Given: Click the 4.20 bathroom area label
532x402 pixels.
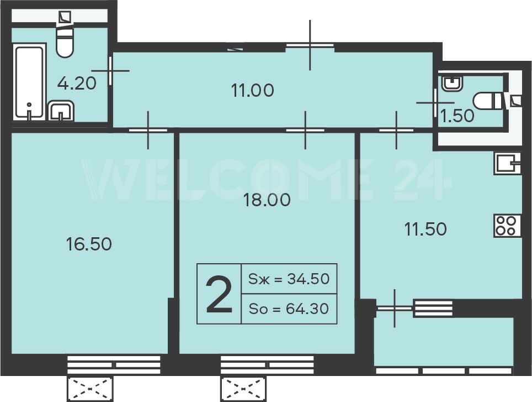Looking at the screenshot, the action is point(77,83).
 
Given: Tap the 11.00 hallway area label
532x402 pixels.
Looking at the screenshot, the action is point(252,91).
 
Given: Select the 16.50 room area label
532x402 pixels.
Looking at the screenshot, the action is point(89,244).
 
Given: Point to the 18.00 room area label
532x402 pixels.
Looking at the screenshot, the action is point(267,200).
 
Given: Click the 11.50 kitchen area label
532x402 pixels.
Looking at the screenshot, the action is point(425,229).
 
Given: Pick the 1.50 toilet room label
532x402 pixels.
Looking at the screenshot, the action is point(457,116).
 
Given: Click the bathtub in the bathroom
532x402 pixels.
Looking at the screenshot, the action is point(29,82).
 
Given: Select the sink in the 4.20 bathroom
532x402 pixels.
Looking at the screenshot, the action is point(61,111).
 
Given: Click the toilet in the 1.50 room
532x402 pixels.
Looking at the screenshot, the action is point(488,101).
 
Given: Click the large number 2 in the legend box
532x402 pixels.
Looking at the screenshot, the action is point(219,294).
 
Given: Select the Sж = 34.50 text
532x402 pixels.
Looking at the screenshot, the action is point(289,279).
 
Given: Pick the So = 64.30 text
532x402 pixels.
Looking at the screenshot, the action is point(289,309).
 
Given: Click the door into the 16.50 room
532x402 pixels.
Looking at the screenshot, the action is point(148,130).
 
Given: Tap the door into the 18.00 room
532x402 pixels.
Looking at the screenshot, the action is point(305,130).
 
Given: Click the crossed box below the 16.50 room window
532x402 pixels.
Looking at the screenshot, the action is point(90,389).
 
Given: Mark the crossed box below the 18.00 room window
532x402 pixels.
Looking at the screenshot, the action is point(243,389).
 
